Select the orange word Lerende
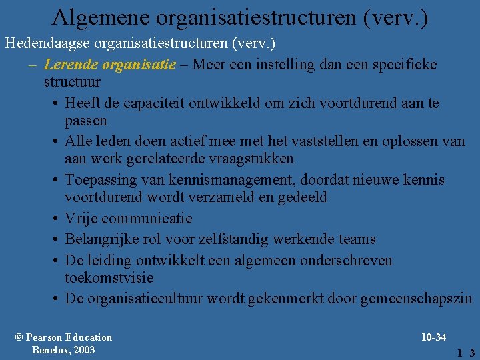[67, 64]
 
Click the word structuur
[72, 82]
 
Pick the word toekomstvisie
[109, 277]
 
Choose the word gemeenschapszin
[415, 299]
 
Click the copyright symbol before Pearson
[19, 337]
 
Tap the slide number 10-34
[433, 337]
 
